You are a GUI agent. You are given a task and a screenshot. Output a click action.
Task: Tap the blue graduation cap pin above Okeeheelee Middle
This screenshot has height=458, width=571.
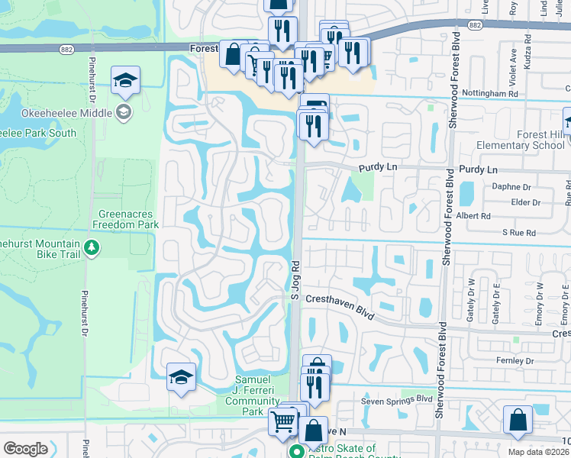pos(124,80)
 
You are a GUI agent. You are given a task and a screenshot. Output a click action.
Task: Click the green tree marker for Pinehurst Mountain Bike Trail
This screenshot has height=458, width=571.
pos(92,247)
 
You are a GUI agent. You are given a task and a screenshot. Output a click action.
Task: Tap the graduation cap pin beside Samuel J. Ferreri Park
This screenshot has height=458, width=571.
pos(181,377)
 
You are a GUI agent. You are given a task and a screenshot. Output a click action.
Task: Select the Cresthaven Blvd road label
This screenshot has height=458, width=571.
pos(338,305)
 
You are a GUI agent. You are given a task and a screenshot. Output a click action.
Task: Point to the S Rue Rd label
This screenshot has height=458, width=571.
pos(518,231)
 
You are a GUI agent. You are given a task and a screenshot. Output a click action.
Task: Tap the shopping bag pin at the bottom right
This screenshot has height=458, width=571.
pos(518,421)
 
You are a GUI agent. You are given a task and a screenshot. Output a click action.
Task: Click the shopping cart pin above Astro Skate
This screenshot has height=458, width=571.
pos(283,420)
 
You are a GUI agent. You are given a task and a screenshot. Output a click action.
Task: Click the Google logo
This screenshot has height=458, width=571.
pos(25,448)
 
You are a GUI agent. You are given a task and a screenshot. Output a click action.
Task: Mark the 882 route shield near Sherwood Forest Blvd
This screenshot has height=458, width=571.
pos(475,25)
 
